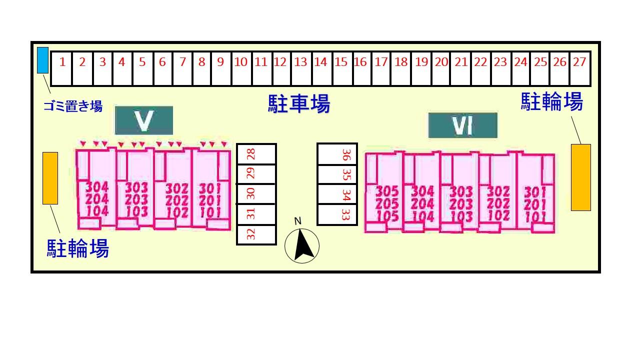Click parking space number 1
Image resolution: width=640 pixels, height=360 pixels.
pyautogui.click(x=61, y=68)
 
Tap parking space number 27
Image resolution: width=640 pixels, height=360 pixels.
pyautogui.click(x=580, y=68)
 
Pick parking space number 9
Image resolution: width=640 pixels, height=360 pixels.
pyautogui.click(x=221, y=68)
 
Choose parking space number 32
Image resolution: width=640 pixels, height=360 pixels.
pyautogui.click(x=256, y=235)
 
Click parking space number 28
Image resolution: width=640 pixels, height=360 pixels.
pyautogui.click(x=256, y=154)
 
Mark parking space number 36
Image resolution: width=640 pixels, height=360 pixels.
pyautogui.click(x=337, y=154)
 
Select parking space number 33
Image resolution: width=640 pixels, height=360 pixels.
pyautogui.click(x=337, y=215)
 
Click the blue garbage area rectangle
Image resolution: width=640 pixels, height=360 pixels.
pyautogui.click(x=43, y=60)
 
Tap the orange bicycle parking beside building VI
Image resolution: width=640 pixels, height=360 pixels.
pyautogui.click(x=581, y=177)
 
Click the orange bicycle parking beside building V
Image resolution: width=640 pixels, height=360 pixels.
pyautogui.click(x=50, y=178)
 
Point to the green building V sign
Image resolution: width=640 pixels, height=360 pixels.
pyautogui.click(x=144, y=120)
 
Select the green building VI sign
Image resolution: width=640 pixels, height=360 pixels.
pyautogui.click(x=463, y=125)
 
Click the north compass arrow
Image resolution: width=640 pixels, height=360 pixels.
pyautogui.click(x=303, y=245)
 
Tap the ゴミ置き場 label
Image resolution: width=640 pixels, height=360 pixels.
pyautogui.click(x=73, y=106)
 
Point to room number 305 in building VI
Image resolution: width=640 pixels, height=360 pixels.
pyautogui.click(x=387, y=191)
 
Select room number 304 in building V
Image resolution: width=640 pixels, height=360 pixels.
pyautogui.click(x=97, y=187)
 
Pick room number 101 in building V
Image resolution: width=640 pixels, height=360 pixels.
pyautogui.click(x=210, y=212)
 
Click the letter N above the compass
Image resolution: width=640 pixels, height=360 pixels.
pyautogui.click(x=297, y=221)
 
